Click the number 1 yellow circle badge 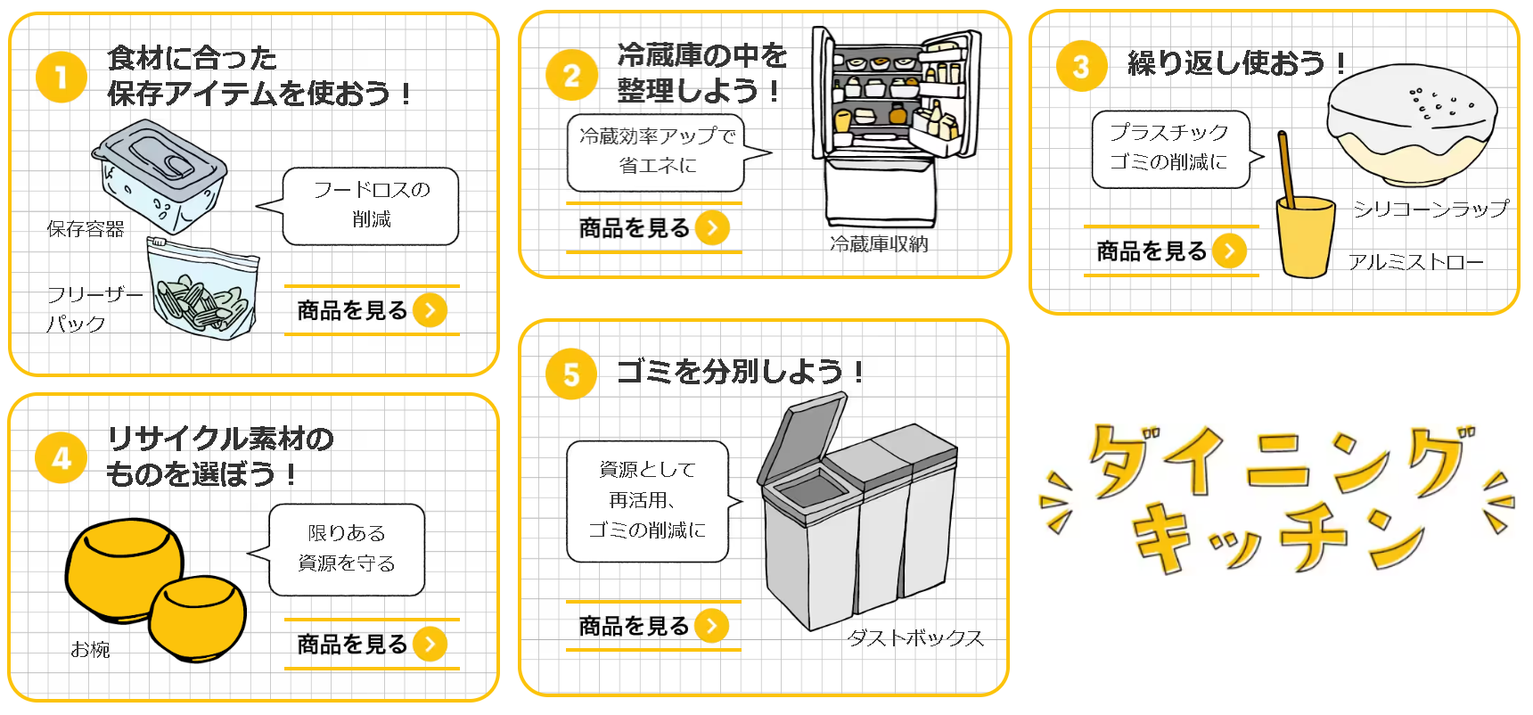tap(61, 77)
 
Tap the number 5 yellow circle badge tap(570, 374)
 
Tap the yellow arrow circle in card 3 tap(1229, 251)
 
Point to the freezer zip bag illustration tap(203, 289)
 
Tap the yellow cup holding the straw tap(1305, 237)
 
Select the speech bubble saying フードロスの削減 tap(369, 205)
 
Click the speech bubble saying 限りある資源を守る tap(346, 549)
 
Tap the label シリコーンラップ tap(1430, 209)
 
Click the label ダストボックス tap(914, 638)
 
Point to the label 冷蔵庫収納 tap(879, 244)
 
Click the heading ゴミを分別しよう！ tap(740, 371)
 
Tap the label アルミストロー tap(1415, 262)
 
